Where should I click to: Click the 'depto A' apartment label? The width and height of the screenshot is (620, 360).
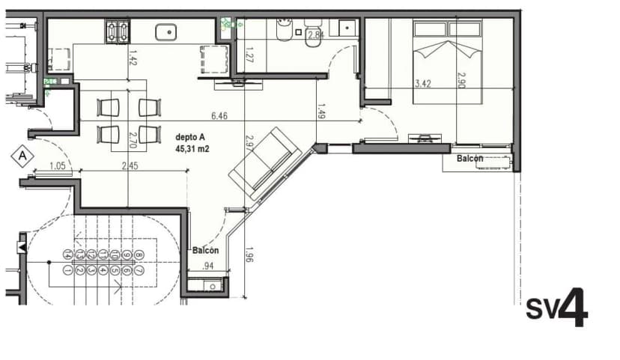(x=190, y=138)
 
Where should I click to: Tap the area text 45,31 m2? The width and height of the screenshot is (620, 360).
(x=192, y=148)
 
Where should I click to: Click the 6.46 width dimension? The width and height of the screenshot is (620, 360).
(x=219, y=116)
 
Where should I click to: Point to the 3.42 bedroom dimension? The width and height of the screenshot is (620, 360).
(x=424, y=84)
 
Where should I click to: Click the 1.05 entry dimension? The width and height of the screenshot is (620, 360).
(x=58, y=166)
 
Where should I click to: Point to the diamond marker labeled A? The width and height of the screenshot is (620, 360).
(x=23, y=156)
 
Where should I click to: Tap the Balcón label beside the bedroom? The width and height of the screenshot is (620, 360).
(x=469, y=158)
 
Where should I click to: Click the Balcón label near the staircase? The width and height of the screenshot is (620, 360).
(x=204, y=251)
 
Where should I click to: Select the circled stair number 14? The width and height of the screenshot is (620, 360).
(x=68, y=254)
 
